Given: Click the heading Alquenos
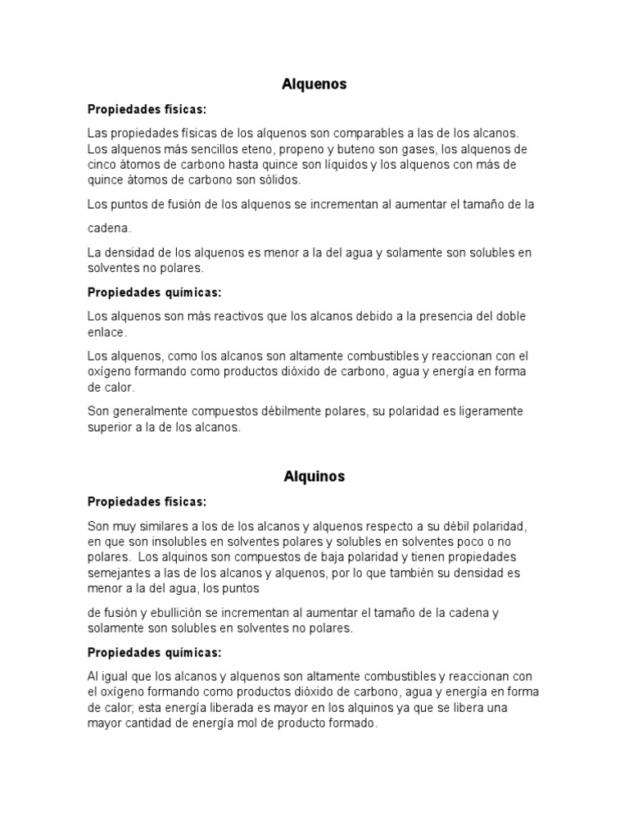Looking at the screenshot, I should click(x=314, y=84).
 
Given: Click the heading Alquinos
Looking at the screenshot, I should click(x=314, y=476).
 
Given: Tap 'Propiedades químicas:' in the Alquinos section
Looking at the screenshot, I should click(x=155, y=652).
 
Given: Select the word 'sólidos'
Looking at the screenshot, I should click(x=278, y=179).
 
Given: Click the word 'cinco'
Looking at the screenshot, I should click(x=102, y=165).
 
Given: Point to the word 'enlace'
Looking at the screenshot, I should click(x=106, y=332).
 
